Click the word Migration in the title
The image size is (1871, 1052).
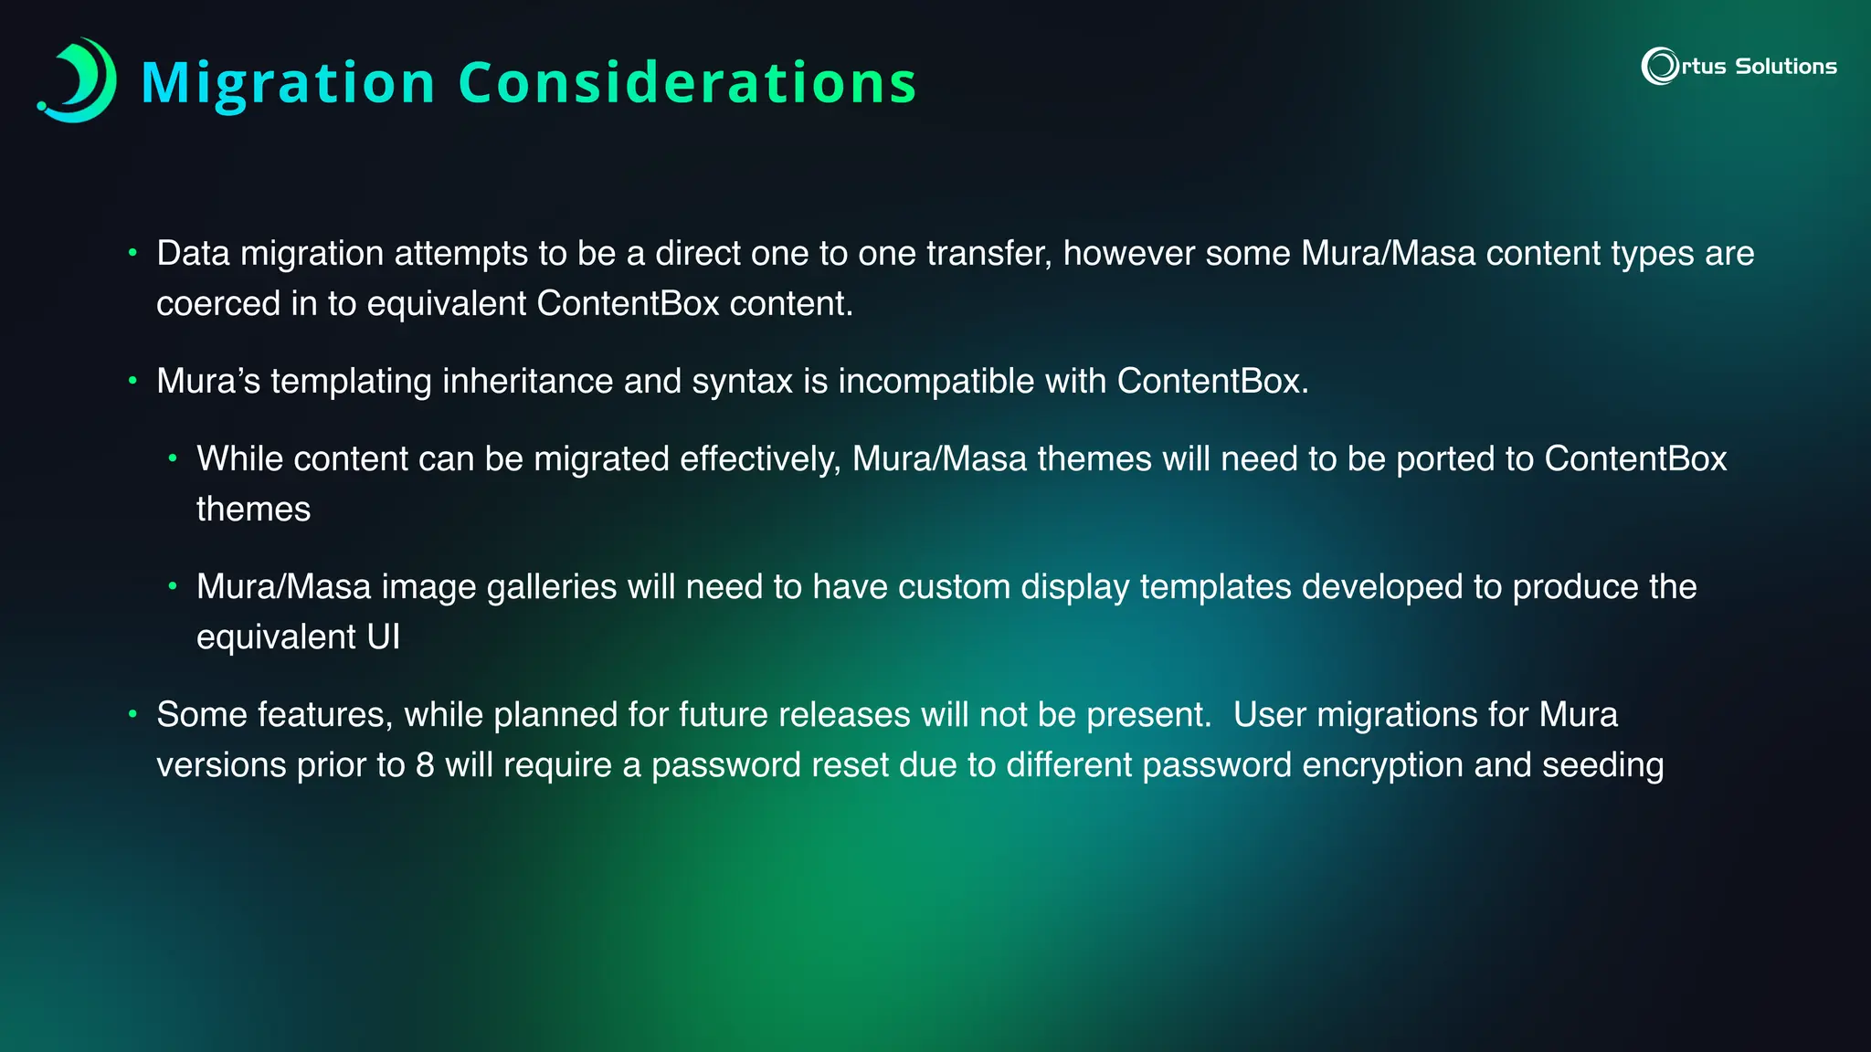point(289,83)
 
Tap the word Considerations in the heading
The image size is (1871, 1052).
point(687,83)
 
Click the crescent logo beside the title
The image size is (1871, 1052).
point(79,80)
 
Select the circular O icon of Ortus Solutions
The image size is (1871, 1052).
point(1659,66)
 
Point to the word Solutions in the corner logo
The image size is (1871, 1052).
point(1785,67)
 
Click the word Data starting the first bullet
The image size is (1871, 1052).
point(193,253)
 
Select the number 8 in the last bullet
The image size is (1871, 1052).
point(425,764)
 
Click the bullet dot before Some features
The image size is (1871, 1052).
point(132,713)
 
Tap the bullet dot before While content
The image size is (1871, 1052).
point(173,458)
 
